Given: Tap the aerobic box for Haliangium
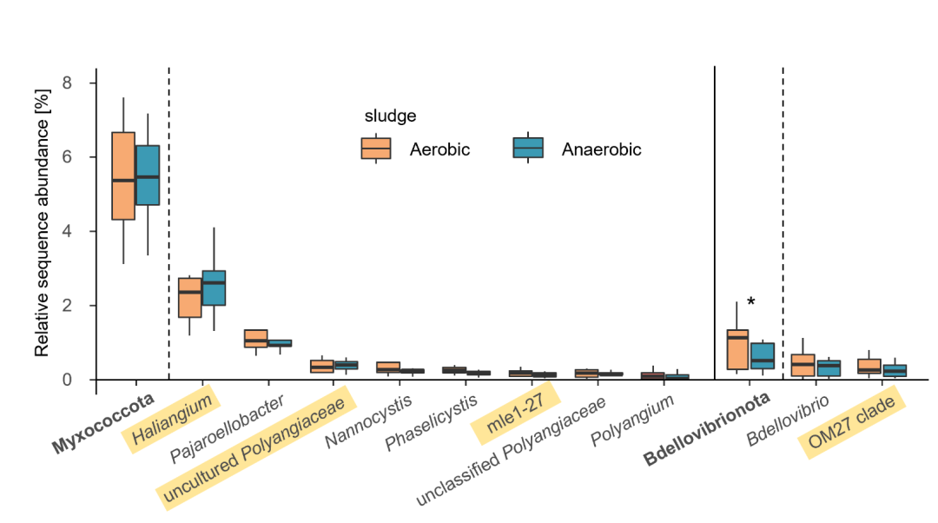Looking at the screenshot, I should click(190, 297).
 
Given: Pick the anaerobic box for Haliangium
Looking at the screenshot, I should click(215, 288).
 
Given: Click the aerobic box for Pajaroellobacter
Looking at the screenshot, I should click(255, 338).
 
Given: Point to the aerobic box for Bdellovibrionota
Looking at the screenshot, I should click(738, 349).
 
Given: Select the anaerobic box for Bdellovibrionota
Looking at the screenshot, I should click(762, 356).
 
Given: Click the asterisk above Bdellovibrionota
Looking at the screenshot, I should click(750, 302).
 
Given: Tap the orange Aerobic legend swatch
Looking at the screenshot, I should click(376, 149).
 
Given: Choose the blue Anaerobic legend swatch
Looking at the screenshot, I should click(528, 149).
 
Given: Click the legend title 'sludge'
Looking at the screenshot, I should click(390, 116).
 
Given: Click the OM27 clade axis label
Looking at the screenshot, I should click(852, 420).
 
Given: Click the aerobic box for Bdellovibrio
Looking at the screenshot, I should click(803, 365).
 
